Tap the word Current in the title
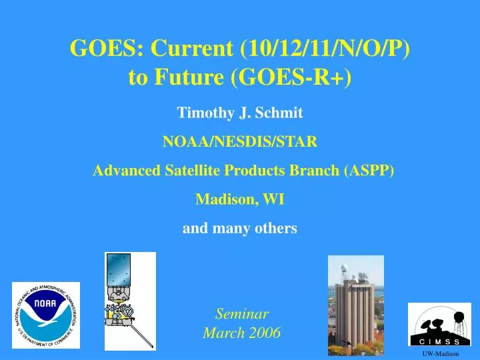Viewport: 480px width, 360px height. click(x=192, y=48)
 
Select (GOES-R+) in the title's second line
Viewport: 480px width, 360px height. click(x=291, y=77)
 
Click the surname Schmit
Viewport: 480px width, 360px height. click(x=279, y=113)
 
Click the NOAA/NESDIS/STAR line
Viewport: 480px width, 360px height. click(x=240, y=141)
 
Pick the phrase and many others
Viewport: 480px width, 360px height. click(x=240, y=229)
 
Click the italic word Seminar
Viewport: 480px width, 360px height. click(x=242, y=314)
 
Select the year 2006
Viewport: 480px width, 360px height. click(x=265, y=333)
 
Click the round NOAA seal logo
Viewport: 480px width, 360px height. click(x=46, y=315)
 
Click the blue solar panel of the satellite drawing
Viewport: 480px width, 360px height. click(x=119, y=270)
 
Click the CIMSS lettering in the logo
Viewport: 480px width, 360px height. click(x=439, y=341)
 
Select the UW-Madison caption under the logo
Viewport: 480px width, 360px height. click(x=441, y=354)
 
